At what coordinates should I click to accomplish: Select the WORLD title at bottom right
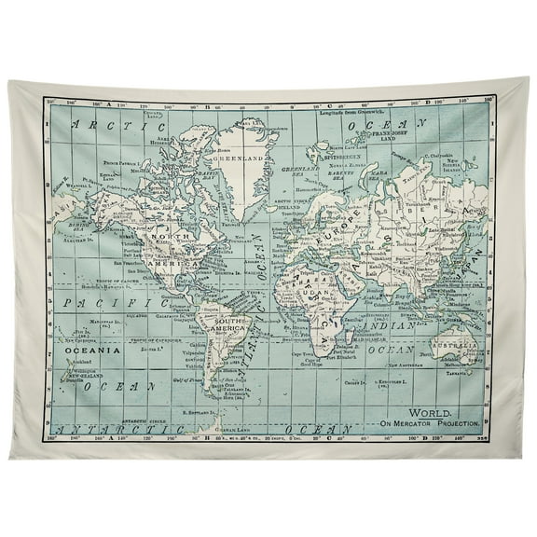click(x=432, y=412)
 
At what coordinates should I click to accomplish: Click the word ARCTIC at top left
click(x=98, y=123)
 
